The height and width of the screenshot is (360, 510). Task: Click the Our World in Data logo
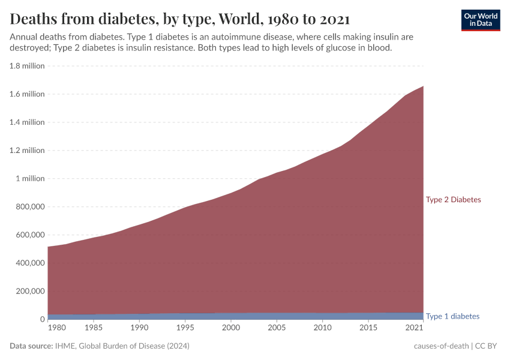coord(480,20)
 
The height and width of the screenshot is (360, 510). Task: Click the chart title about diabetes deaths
coord(179,19)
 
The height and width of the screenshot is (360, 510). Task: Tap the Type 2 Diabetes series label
coord(453,200)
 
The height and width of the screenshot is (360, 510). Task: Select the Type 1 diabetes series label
coord(452,316)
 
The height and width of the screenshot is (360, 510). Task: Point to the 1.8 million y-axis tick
coord(27,66)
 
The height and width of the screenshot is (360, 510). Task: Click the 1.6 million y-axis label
coord(27,94)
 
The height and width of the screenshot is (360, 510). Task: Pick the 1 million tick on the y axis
coord(29,179)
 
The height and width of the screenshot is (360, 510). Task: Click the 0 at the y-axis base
coord(42,319)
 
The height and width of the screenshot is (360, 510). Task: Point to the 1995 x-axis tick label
coord(185,328)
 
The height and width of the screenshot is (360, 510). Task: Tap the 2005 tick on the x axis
coord(277,328)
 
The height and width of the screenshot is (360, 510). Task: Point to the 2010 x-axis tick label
coord(323,328)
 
